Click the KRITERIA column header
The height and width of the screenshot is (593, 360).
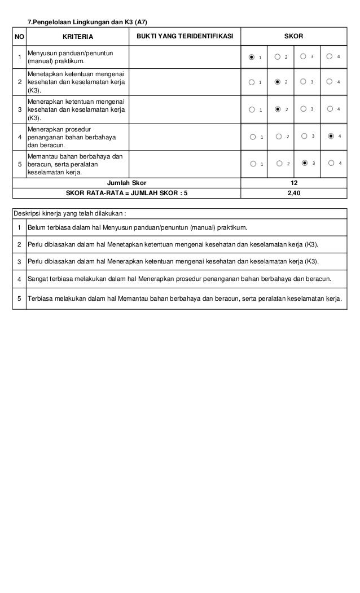coord(78,37)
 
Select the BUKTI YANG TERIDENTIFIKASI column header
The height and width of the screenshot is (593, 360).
coord(185,37)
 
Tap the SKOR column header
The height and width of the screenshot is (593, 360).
coord(293,37)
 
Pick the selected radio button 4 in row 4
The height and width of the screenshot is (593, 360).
coord(331,137)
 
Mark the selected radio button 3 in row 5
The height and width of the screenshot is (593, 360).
coord(305,164)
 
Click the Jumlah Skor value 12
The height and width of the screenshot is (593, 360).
coord(293,183)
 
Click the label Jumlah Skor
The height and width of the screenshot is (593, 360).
coord(126,183)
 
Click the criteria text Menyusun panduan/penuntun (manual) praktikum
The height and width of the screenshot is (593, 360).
coord(71,57)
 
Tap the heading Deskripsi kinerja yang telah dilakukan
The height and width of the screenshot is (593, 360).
coord(71,214)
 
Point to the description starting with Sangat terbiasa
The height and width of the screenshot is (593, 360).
coord(179,279)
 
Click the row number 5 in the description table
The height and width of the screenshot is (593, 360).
coord(19,298)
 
